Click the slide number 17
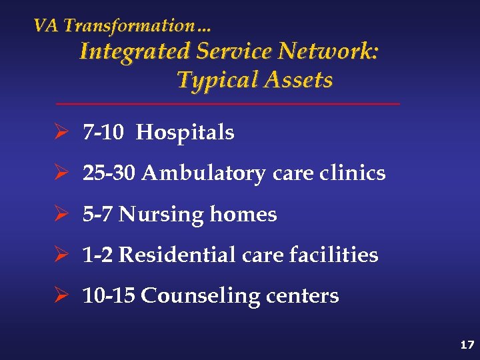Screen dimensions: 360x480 pyautogui.click(x=467, y=345)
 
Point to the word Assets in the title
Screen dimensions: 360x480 pyautogui.click(x=298, y=80)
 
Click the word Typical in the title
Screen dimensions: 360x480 pyautogui.click(x=217, y=80)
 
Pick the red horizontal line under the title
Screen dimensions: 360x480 pyautogui.click(x=227, y=104)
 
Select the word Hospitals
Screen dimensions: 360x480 pyautogui.click(x=185, y=133)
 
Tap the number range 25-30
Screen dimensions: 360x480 pyautogui.click(x=109, y=173)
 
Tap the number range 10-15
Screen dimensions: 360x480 pyautogui.click(x=109, y=296)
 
